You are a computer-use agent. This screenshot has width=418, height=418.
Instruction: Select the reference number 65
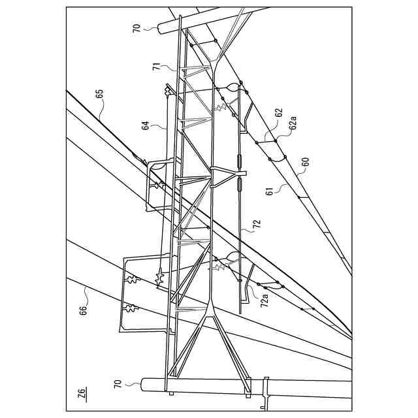click(x=99, y=94)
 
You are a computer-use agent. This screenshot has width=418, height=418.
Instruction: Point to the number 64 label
click(x=146, y=123)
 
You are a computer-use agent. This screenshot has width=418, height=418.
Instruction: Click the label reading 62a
click(x=294, y=122)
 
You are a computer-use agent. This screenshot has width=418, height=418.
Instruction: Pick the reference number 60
click(x=305, y=161)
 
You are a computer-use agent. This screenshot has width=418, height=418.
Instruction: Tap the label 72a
click(x=265, y=301)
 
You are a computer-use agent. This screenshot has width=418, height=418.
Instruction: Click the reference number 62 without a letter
click(x=278, y=113)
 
